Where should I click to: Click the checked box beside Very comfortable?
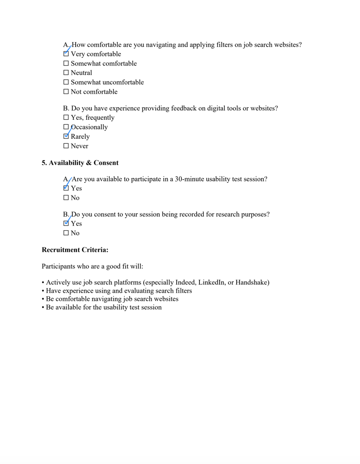tap(66, 54)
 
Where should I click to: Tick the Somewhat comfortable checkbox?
tap(66, 64)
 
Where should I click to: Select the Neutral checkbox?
tap(66, 73)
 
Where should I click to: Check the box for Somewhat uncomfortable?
tap(66, 82)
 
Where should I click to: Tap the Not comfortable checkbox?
tap(66, 92)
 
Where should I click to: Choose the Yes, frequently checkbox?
tap(66, 118)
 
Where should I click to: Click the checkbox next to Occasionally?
tap(66, 127)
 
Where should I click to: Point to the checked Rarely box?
tap(66, 136)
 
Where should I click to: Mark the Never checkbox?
tap(66, 146)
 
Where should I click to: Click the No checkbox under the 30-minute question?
tap(66, 198)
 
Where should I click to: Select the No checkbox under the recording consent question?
tap(66, 233)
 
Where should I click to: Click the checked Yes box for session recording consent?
tap(66, 223)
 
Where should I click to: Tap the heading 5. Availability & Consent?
tap(80, 163)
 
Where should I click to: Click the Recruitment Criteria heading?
tap(75, 250)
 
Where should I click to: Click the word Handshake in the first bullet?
tap(251, 283)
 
